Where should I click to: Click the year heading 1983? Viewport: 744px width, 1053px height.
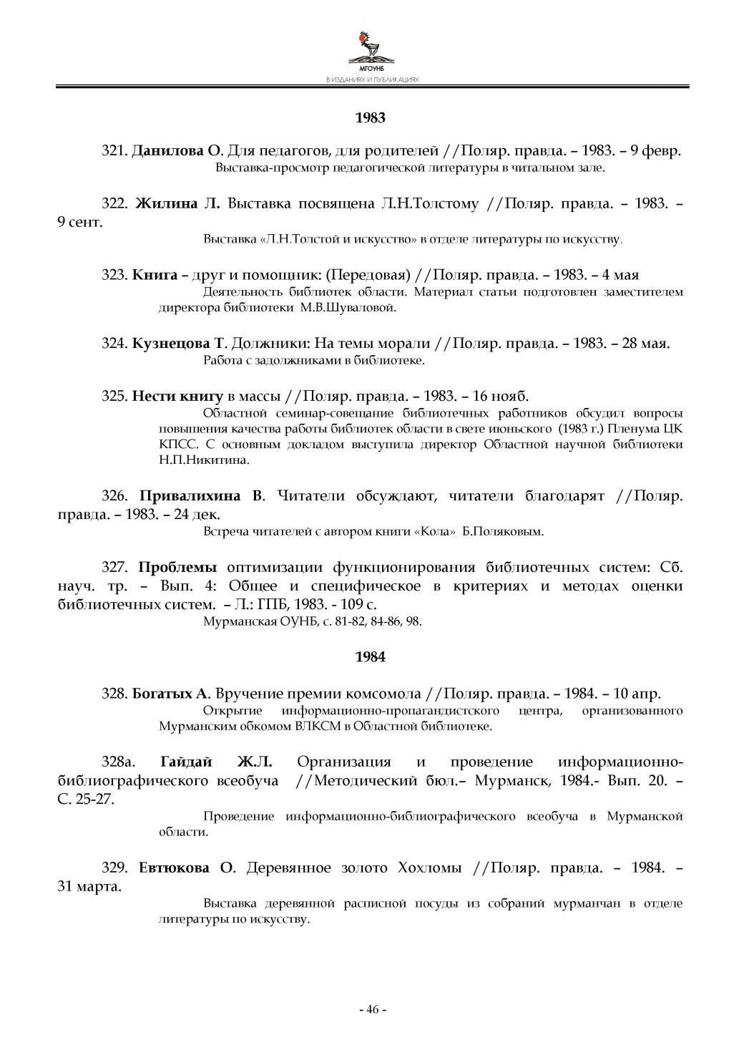371,117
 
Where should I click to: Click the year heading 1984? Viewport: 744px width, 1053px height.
371,656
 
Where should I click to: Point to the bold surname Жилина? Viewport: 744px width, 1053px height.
166,204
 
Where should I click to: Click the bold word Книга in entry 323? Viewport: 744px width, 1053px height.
155,275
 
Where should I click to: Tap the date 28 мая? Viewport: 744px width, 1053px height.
645,343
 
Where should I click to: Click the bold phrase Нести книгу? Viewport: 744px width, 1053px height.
178,396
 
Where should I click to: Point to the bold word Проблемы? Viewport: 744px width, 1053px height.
177,568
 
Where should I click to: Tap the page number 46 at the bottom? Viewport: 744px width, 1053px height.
372,1009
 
